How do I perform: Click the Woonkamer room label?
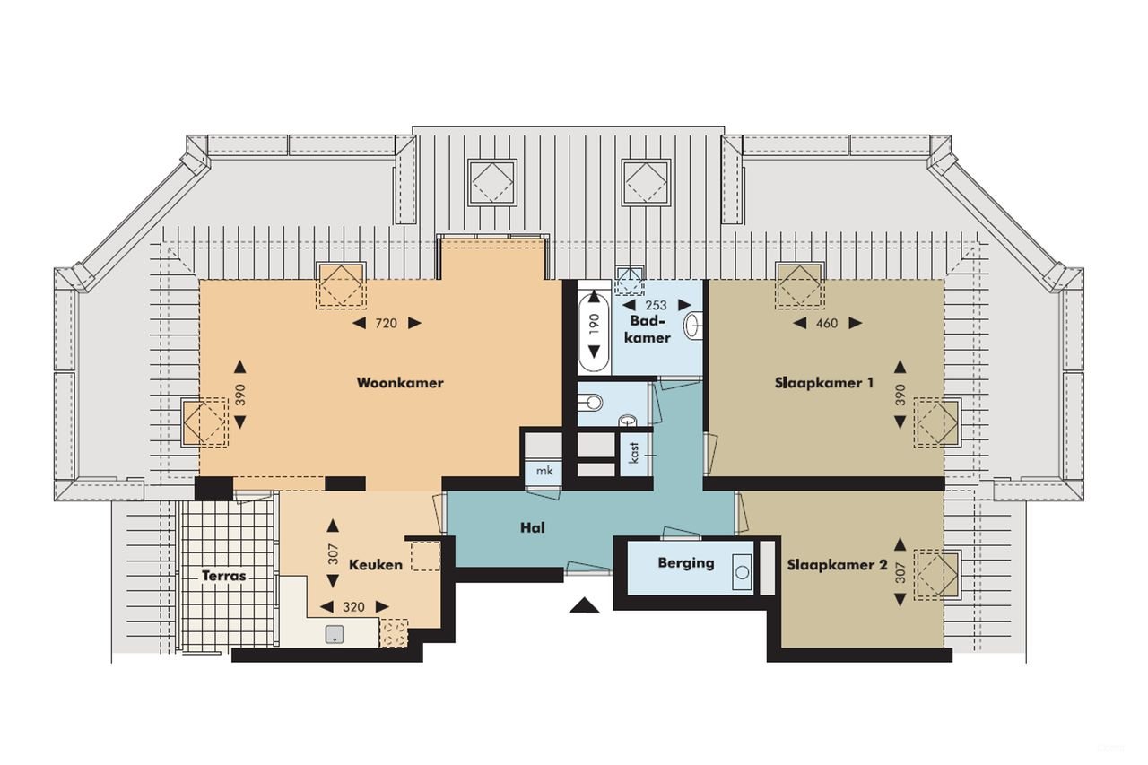(400, 383)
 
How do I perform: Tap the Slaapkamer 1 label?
(824, 383)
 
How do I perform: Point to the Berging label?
(686, 563)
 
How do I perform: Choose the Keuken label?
(375, 565)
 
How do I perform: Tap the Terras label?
(223, 576)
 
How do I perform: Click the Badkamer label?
(648, 329)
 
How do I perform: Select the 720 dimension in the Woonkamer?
(387, 323)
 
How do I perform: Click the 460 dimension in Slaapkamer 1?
(827, 323)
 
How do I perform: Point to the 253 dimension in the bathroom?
(656, 305)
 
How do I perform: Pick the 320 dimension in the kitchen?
(354, 607)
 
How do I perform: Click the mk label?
(544, 471)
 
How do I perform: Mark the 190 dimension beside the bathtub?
(593, 323)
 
